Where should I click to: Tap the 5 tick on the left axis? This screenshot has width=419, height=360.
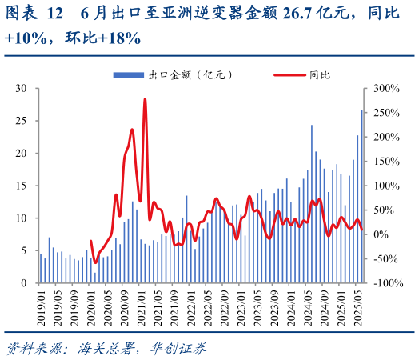(26, 250)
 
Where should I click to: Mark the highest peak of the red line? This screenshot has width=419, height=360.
(145, 100)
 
